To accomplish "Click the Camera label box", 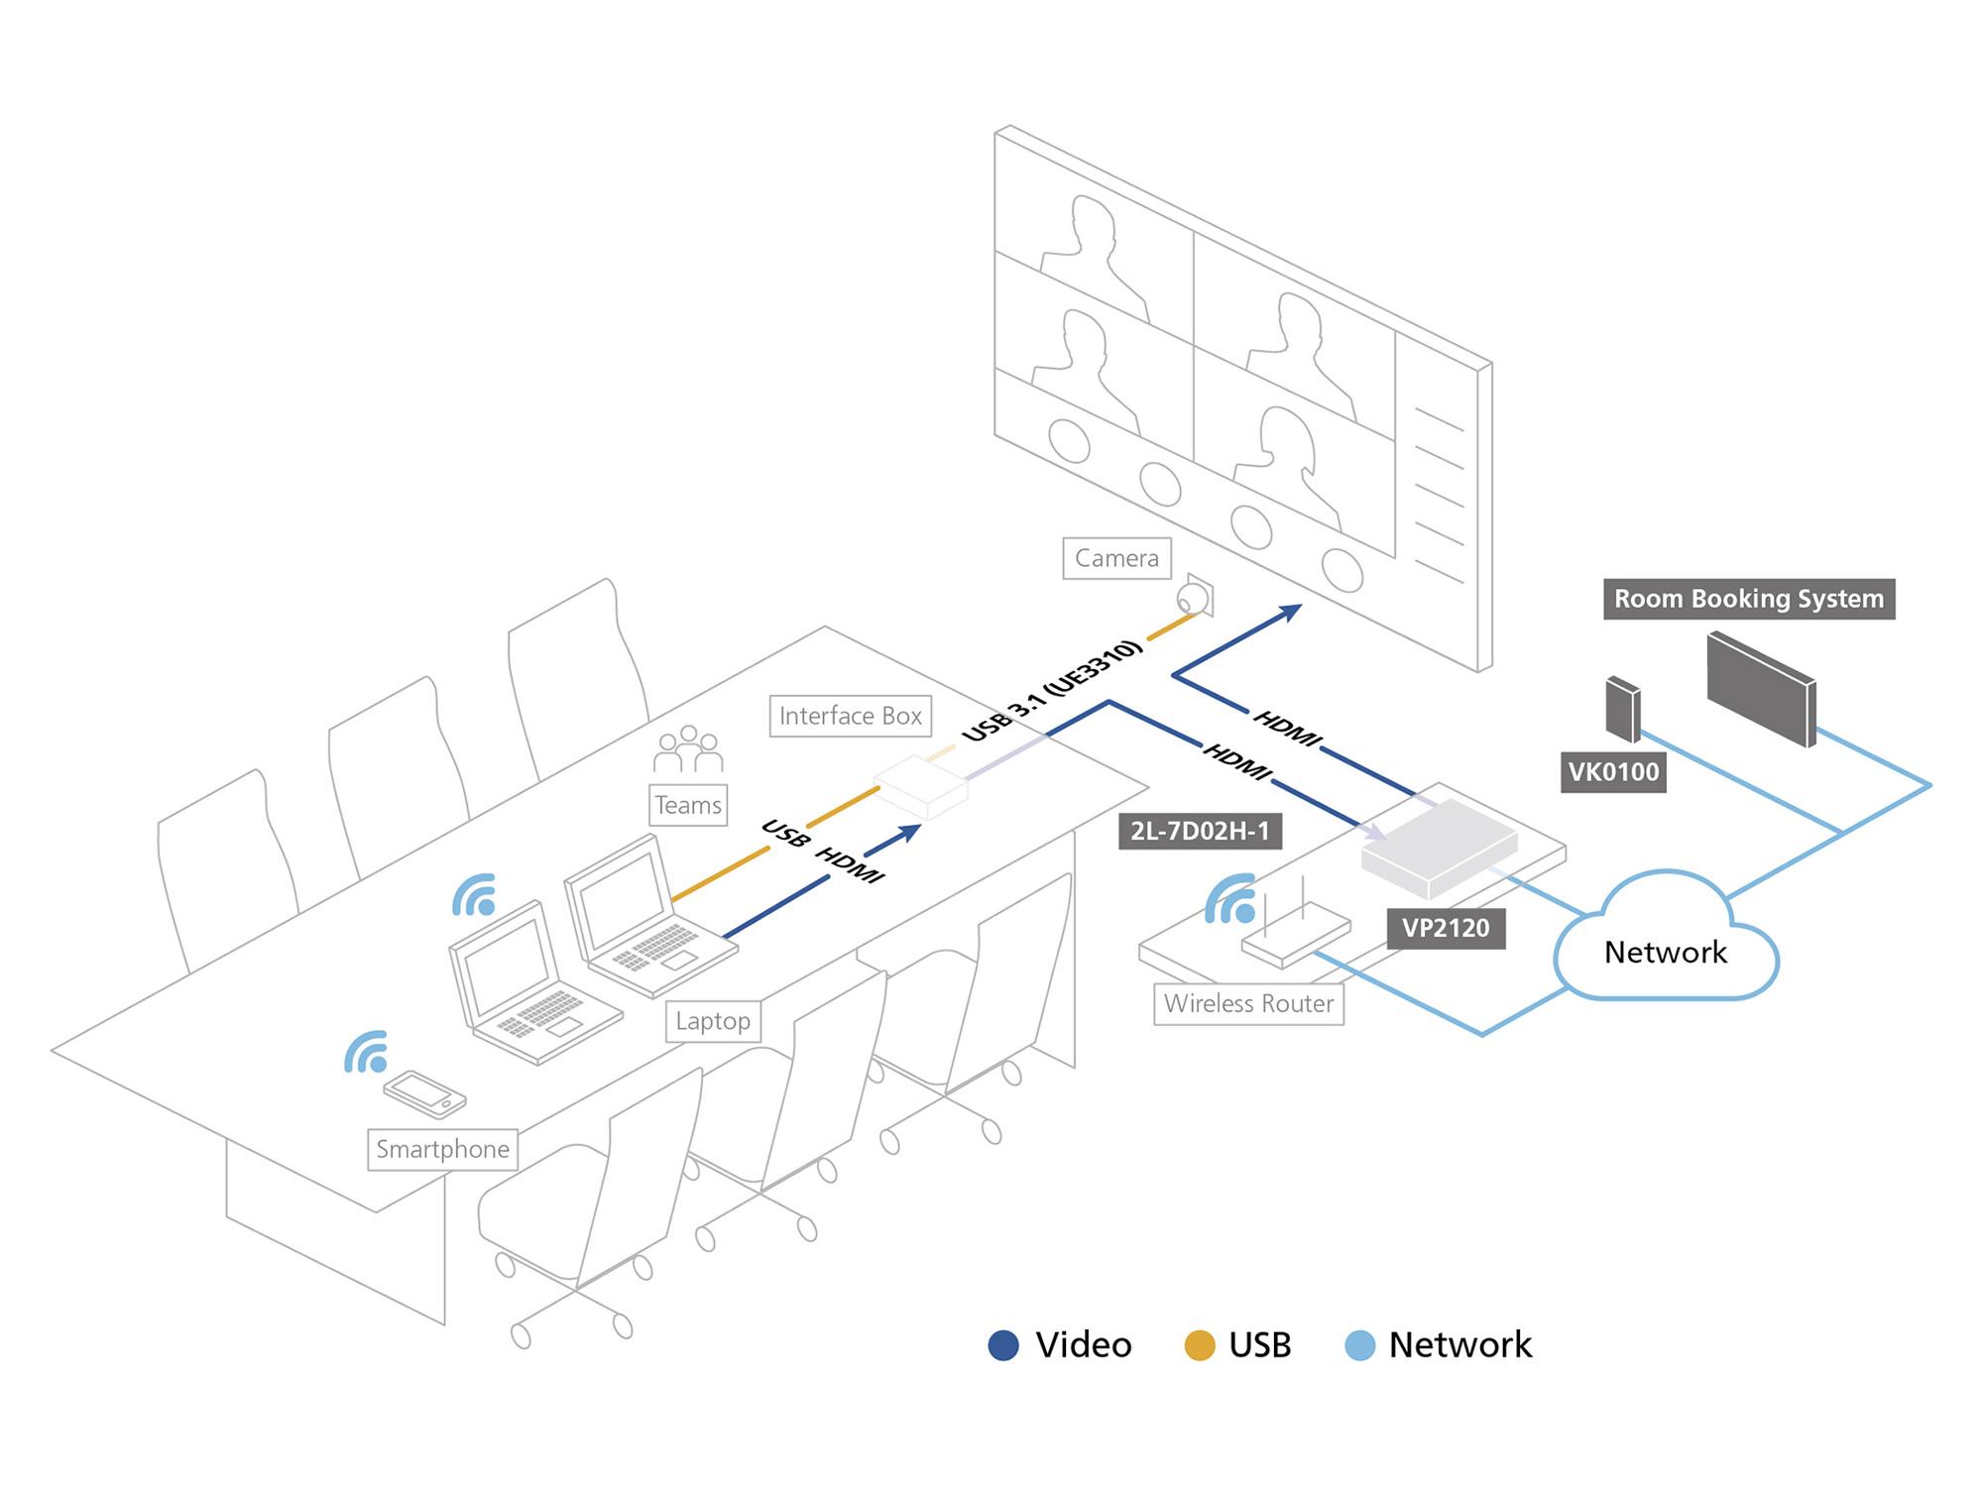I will tap(1116, 558).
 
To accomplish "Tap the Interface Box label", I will tap(850, 716).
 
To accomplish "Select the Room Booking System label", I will tap(1748, 599).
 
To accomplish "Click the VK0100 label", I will tap(1613, 771).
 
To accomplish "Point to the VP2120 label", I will tap(1445, 928).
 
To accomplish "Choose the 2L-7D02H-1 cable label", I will tap(1200, 831).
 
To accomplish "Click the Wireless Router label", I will tap(1248, 1003).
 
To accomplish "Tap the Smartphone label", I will tap(442, 1149).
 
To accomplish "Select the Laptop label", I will tap(713, 1021).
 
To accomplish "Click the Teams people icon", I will tap(688, 749).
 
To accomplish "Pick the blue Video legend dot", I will tap(1003, 1345).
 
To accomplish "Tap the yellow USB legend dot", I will tap(1200, 1345).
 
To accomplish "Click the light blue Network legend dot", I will tap(1359, 1345).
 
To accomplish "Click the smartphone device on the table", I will tap(425, 1093).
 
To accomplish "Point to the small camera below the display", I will tap(1194, 598).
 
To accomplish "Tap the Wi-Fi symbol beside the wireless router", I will tap(1232, 900).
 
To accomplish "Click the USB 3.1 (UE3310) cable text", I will tap(1053, 691).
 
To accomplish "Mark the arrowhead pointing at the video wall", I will tap(1292, 612).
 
